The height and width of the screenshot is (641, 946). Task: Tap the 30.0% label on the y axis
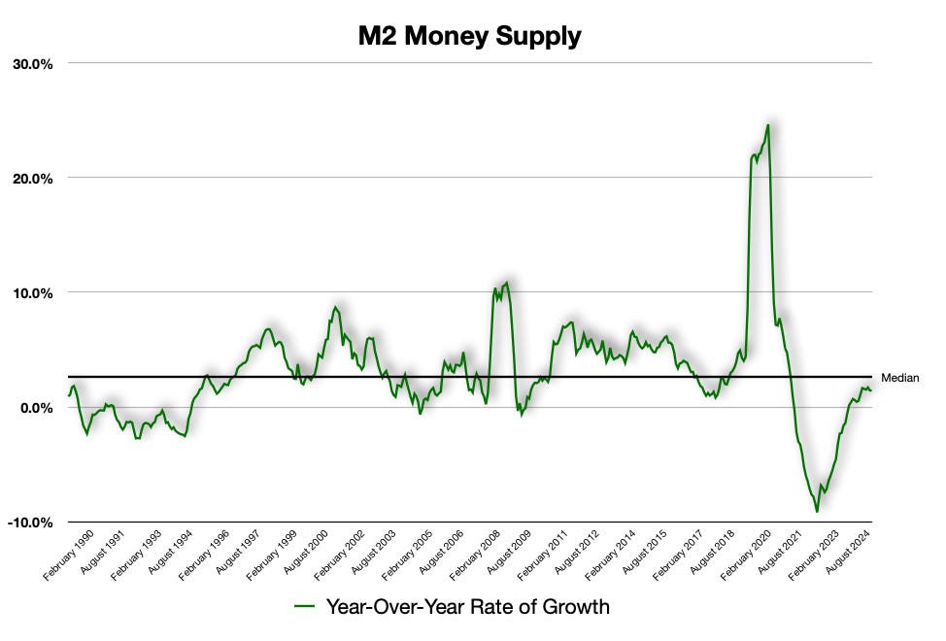[x=33, y=63]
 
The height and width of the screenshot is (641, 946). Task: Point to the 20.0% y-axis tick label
[x=33, y=178]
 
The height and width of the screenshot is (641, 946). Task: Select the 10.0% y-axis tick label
[x=33, y=292]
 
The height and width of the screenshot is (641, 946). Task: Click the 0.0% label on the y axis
[x=37, y=407]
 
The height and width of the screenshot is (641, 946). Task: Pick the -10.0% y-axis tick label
[x=31, y=522]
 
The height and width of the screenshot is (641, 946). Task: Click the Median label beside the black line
[x=898, y=378]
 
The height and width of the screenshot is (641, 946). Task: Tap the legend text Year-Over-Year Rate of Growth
[x=467, y=608]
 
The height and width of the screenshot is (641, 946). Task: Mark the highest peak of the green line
[x=768, y=124]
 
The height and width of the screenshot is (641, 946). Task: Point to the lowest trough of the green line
[x=817, y=511]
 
